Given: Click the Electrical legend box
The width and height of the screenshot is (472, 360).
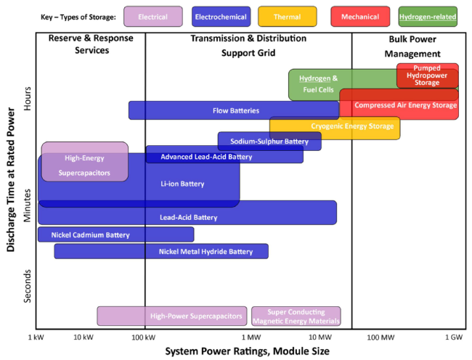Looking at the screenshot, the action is click(x=153, y=17).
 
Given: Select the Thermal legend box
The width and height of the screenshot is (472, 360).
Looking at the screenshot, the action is click(x=287, y=17).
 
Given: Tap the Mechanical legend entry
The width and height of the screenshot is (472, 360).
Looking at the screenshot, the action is click(x=360, y=17).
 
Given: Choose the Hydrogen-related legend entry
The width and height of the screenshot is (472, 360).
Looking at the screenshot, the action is click(x=428, y=17).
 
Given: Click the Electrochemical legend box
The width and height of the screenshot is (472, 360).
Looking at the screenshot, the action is click(x=221, y=17).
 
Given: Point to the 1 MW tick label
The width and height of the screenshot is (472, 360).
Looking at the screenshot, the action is click(x=251, y=337).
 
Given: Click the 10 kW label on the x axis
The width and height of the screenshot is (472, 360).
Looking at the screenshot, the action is click(x=84, y=337).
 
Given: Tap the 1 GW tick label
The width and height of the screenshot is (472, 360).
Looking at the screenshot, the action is click(x=454, y=337).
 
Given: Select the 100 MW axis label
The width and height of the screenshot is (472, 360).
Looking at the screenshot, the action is click(x=381, y=337).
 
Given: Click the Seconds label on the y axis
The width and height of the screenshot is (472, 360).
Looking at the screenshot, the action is click(x=28, y=286).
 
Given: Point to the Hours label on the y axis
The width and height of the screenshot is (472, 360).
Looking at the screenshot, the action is click(x=28, y=98).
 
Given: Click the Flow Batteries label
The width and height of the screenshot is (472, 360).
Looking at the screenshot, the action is click(x=236, y=110).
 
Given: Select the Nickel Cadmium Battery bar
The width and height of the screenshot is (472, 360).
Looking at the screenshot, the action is click(x=116, y=234).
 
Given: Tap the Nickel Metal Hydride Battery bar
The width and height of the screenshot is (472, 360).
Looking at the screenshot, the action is click(x=161, y=251).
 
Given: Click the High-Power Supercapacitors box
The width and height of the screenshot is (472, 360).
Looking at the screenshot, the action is click(x=172, y=316).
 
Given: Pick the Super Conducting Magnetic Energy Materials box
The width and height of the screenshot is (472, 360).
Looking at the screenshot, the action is click(x=296, y=316).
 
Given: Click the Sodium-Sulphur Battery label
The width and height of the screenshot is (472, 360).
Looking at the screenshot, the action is click(x=269, y=142).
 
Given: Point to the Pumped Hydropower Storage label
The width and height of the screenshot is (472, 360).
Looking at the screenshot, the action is click(x=427, y=75).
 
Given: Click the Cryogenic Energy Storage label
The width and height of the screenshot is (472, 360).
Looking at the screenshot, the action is click(x=352, y=126).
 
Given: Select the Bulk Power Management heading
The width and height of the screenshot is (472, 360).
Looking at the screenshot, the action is click(x=412, y=46).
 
